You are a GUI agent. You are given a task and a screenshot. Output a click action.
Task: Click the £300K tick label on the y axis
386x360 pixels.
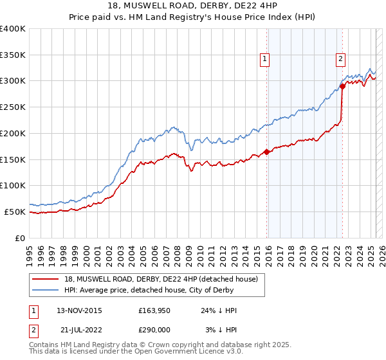coord(13,81)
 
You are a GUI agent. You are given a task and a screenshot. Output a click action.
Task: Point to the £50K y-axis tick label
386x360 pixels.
coord(15,212)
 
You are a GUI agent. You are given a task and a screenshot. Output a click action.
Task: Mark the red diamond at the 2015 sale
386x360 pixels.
coord(266,152)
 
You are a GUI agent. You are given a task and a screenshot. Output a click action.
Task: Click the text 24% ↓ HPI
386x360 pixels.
coord(219,310)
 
